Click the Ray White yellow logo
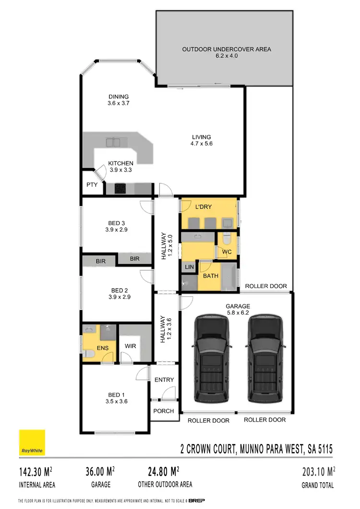[x=32, y=442]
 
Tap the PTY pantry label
[x=92, y=185]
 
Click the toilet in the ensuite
[x=87, y=354]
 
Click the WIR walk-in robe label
[x=130, y=345]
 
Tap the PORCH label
[x=163, y=411]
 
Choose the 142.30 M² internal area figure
[x=36, y=471]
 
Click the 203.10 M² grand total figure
[x=317, y=471]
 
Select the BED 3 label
[x=117, y=223]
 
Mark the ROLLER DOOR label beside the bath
[x=266, y=286]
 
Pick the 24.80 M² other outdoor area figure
[x=158, y=471]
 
